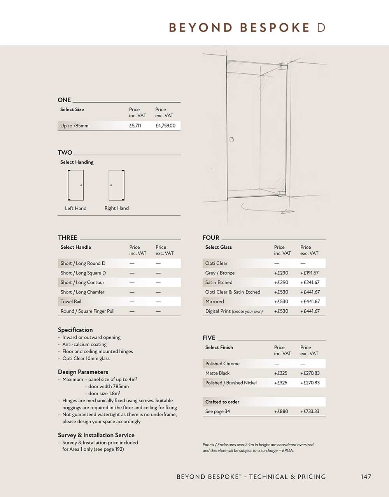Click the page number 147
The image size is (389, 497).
point(366,476)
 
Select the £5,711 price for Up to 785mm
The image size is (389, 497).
point(135,126)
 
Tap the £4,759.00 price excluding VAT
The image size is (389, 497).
point(165,126)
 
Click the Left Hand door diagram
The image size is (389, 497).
point(75,185)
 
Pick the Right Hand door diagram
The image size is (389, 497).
point(116,185)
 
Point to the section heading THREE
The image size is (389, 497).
point(67,237)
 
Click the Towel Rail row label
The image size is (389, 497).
point(71,302)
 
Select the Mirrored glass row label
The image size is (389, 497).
point(214,302)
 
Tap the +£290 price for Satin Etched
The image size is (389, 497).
point(281,283)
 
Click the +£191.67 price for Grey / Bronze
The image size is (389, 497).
point(309,273)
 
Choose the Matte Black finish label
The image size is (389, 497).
point(217,373)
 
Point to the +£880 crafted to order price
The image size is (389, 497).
point(281,411)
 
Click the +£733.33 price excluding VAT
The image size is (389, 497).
point(309,411)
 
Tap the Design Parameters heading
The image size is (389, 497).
point(83,372)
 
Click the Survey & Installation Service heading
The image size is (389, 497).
point(96,435)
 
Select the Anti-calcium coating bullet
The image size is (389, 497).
point(84,344)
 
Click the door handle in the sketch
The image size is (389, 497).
point(231,140)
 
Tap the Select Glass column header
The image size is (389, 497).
point(218,247)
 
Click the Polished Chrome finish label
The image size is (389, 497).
point(222,364)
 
